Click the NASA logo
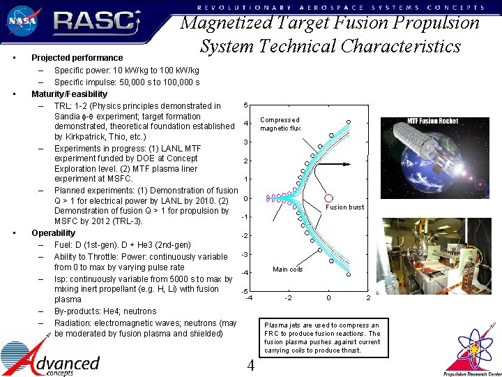(22, 21)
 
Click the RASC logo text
(95, 22)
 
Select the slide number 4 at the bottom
(251, 367)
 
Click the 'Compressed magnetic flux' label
(280, 124)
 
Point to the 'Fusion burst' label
(345, 207)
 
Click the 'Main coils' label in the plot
(288, 269)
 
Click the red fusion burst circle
(329, 198)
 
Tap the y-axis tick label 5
(245, 105)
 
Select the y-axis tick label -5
(244, 291)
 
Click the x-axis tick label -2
(288, 298)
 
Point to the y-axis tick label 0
(245, 198)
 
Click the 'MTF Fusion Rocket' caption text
(433, 121)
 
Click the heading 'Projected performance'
(77, 58)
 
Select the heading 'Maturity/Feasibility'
(70, 94)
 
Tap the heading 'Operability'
(54, 233)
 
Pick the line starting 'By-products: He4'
(105, 311)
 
